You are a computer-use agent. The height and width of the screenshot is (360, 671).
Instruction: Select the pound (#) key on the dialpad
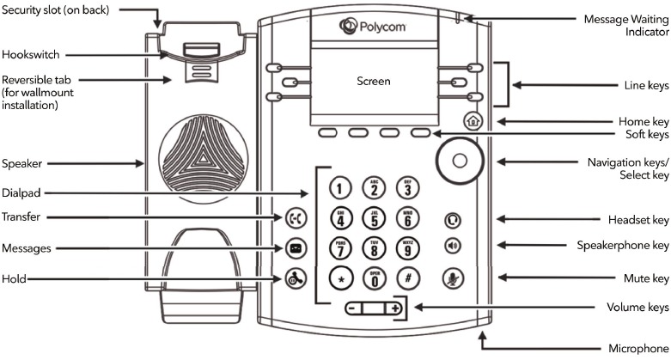pyautogui.click(x=408, y=278)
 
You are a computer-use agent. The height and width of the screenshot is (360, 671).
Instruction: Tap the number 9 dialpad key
pyautogui.click(x=408, y=249)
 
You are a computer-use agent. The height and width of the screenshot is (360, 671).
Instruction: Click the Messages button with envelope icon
pyautogui.click(x=295, y=249)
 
